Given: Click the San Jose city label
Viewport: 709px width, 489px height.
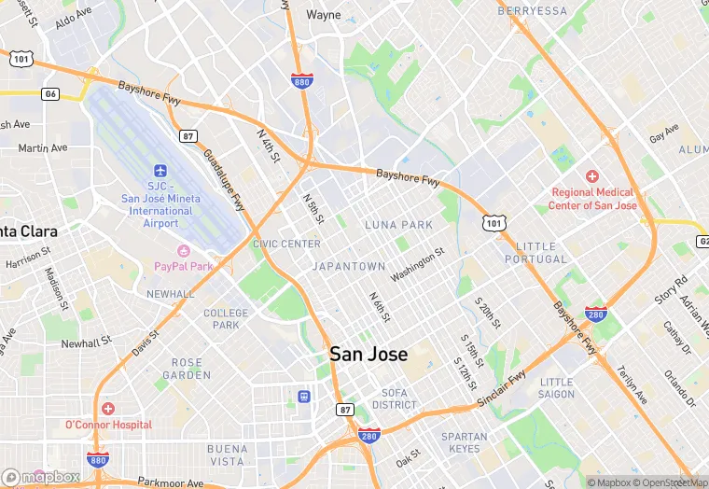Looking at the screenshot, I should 368,355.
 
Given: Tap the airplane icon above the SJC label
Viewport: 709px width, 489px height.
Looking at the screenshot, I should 160,172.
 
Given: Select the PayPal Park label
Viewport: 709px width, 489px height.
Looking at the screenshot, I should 183,267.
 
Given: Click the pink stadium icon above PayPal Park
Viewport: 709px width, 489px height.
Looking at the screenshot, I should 183,250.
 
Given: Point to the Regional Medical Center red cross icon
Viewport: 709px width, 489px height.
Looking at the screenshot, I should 591,176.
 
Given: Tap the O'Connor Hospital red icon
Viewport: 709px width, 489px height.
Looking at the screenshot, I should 108,409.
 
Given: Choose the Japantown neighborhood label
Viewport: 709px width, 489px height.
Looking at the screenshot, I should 348,266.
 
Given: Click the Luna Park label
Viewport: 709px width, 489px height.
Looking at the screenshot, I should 398,225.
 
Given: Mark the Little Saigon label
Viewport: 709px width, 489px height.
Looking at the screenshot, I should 557,388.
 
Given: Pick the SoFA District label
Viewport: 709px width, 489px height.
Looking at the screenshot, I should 394,398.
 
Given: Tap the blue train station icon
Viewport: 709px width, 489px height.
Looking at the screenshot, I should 303,397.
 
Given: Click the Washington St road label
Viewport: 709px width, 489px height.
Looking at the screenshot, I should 417,264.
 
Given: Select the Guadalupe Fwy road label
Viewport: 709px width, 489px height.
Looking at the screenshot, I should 225,180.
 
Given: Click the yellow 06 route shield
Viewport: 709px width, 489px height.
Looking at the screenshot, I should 50,94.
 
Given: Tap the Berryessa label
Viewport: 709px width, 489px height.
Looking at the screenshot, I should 532,10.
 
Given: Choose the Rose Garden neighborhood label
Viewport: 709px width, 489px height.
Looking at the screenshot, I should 187,369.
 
